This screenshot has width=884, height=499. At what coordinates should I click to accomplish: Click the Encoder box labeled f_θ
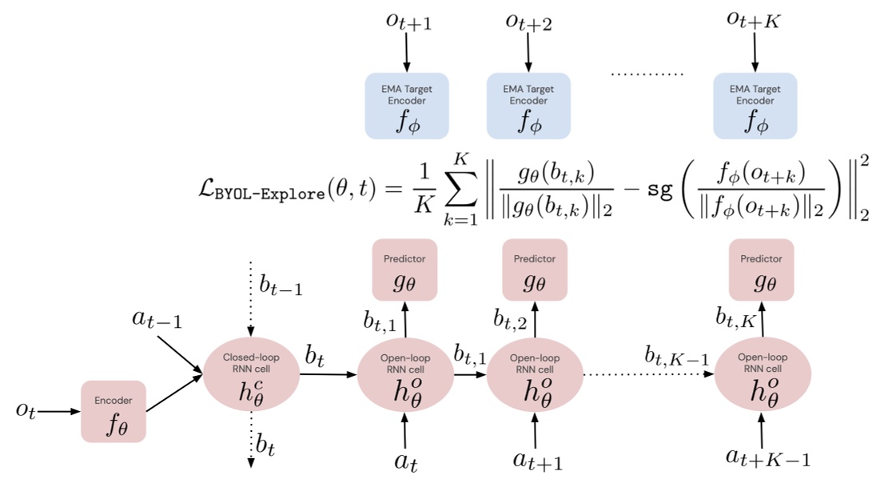click(x=113, y=411)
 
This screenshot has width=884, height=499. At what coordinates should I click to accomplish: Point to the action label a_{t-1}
click(x=157, y=319)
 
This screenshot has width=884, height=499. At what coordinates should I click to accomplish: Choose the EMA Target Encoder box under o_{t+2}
click(x=528, y=106)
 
